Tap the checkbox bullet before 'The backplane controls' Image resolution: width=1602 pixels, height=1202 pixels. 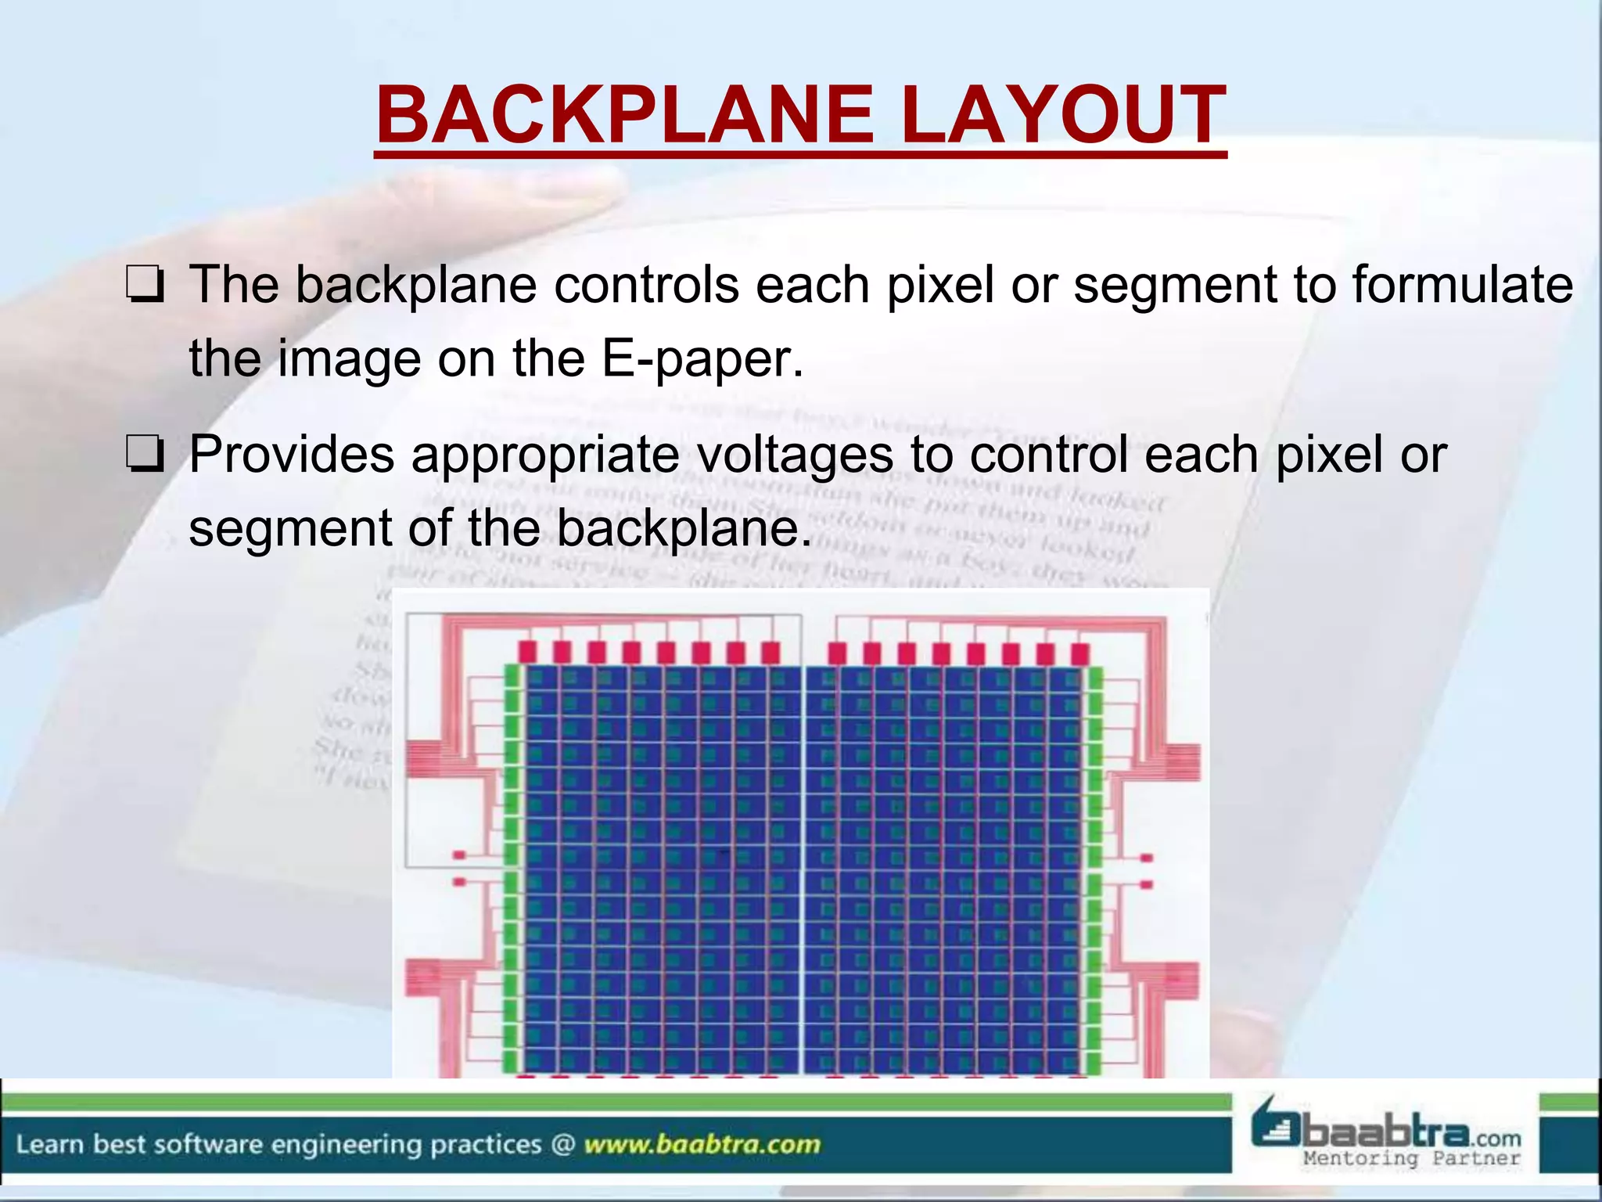point(145,286)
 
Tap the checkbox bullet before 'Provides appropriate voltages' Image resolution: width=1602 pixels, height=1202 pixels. point(145,456)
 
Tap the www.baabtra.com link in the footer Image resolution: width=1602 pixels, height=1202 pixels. point(702,1144)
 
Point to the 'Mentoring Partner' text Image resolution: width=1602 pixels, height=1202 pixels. point(1411,1158)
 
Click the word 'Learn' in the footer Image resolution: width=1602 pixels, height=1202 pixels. point(49,1144)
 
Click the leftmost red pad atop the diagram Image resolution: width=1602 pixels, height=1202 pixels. point(527,652)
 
